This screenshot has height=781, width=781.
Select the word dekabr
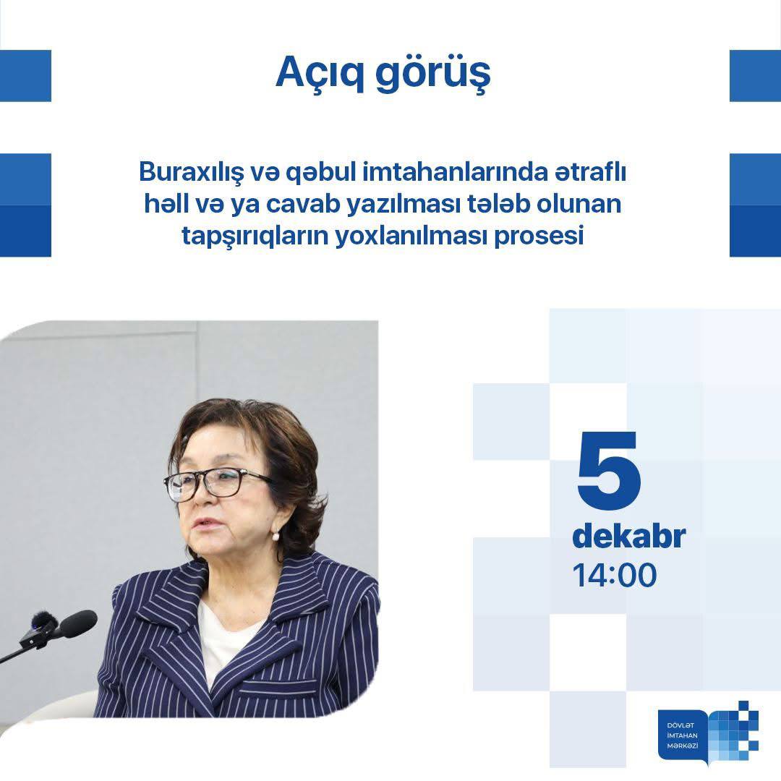pos(628,537)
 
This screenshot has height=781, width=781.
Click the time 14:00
pos(615,576)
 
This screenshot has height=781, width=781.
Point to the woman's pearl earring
pos(275,536)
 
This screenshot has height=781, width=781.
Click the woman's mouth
pos(207,522)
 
